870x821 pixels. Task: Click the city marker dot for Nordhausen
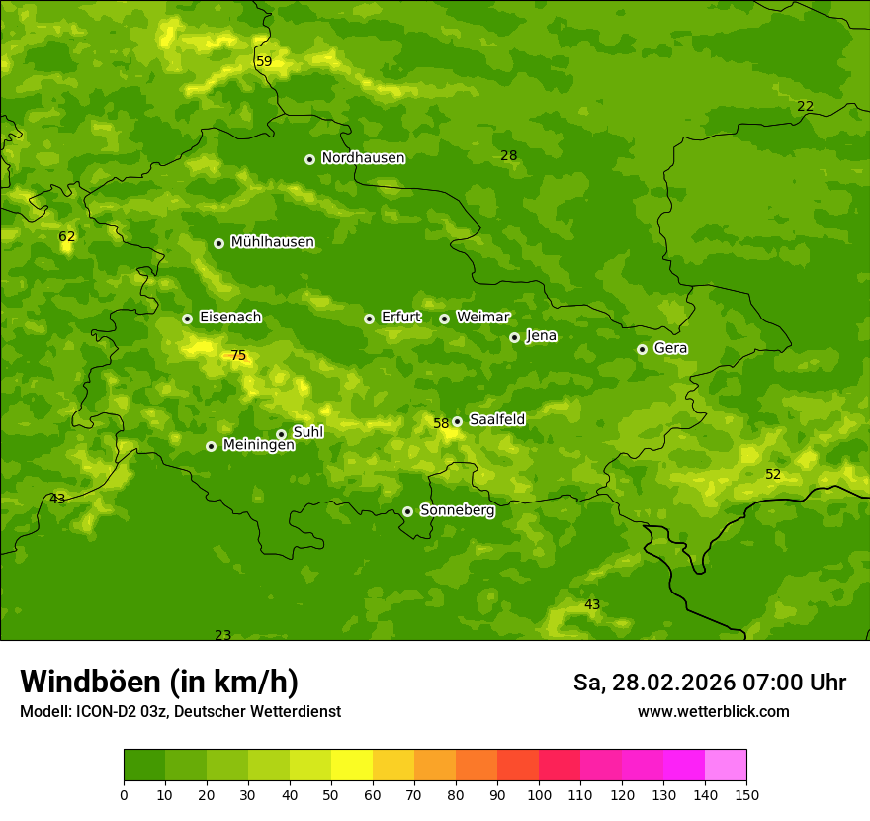[309, 159]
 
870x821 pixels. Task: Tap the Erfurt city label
[400, 318]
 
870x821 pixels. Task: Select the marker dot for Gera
[642, 349]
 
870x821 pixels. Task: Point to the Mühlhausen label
[272, 242]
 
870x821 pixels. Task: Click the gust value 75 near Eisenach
[238, 356]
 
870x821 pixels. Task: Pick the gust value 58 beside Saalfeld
[441, 423]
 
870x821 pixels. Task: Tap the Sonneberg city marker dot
[407, 511]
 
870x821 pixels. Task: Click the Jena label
[541, 336]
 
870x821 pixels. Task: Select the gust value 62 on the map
[67, 237]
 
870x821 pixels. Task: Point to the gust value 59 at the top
[264, 62]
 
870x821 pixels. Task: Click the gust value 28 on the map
[509, 156]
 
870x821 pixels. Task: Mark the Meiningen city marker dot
[211, 446]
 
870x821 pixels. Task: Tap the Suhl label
[307, 432]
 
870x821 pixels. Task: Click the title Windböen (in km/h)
[159, 682]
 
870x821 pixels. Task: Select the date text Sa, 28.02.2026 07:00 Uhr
[709, 683]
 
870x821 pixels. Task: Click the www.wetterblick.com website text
[713, 712]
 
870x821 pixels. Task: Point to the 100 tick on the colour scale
[539, 794]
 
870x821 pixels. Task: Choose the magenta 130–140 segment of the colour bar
[684, 766]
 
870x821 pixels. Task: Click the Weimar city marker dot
[444, 319]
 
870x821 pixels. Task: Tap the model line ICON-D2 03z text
[180, 712]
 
